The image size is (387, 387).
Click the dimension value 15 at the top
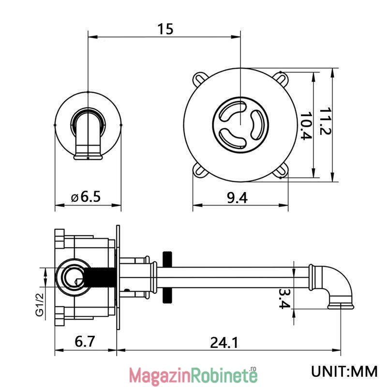pos(165,29)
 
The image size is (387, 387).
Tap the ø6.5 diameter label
pos(86,197)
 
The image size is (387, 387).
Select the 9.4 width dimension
pos(237,198)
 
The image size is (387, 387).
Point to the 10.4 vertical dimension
pos(306,126)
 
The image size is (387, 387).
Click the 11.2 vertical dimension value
pos(325,121)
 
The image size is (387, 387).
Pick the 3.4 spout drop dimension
pos(284,298)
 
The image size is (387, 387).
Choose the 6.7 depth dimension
pos(85,342)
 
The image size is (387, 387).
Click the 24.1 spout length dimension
pos(224,342)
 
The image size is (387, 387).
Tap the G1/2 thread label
pos(40,304)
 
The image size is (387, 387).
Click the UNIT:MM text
pos(344,371)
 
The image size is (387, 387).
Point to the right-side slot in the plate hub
pos(257,124)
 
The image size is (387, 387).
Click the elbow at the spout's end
pos(332,286)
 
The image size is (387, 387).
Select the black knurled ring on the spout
pos(167,277)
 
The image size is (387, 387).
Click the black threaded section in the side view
pos(100,277)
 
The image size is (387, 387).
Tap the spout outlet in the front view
pos(88,156)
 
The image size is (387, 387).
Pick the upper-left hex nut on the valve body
pos(60,238)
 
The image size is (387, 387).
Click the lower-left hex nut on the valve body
pos(60,316)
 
